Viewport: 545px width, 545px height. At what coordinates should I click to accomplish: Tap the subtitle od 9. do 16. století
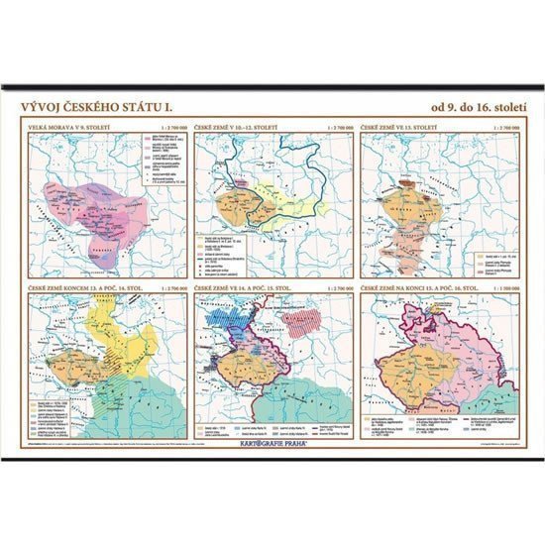475,107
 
